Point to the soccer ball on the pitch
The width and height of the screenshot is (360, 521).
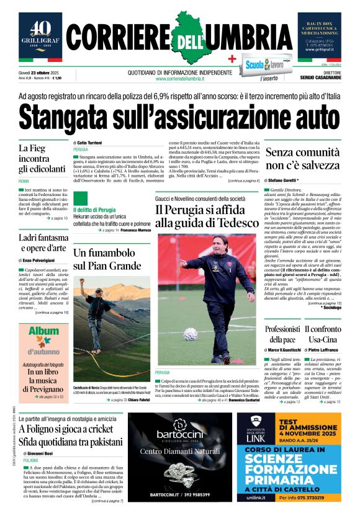tap(191, 333)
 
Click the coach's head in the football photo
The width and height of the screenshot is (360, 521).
tap(221, 245)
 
